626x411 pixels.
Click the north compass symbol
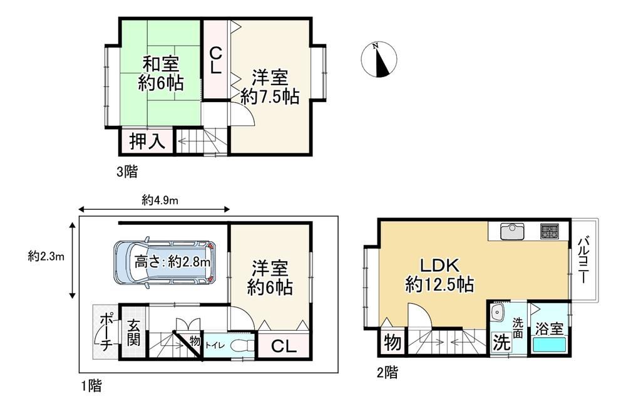pyautogui.click(x=379, y=60)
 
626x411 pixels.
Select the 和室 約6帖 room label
pyautogui.click(x=161, y=74)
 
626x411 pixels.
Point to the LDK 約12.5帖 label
pyautogui.click(x=439, y=275)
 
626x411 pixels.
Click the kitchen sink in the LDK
pyautogui.click(x=512, y=231)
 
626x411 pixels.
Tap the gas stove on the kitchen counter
pyautogui.click(x=550, y=231)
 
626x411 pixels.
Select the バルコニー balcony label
pyautogui.click(x=583, y=260)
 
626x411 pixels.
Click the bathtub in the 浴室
pyautogui.click(x=550, y=343)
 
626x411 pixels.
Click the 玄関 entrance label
pyautogui.click(x=133, y=333)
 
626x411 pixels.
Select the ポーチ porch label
pyautogui.click(x=105, y=332)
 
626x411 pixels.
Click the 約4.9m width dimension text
pyautogui.click(x=160, y=200)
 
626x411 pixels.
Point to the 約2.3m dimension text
pyautogui.click(x=46, y=256)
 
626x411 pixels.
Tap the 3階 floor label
pyautogui.click(x=127, y=172)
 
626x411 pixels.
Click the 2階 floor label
pyautogui.click(x=387, y=372)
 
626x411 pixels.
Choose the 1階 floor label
pyautogui.click(x=91, y=385)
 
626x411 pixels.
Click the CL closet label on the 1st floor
pyautogui.click(x=284, y=346)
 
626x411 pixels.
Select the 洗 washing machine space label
pyautogui.click(x=501, y=342)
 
